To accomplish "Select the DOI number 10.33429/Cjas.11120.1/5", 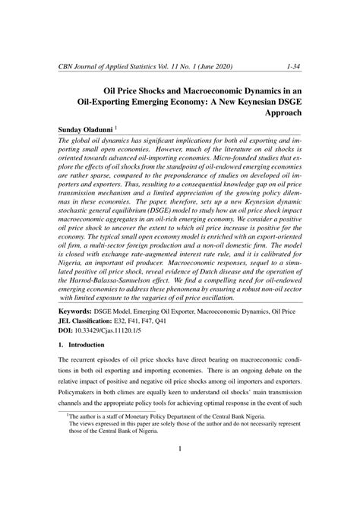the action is (114, 330).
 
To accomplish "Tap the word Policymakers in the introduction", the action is (81, 410).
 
